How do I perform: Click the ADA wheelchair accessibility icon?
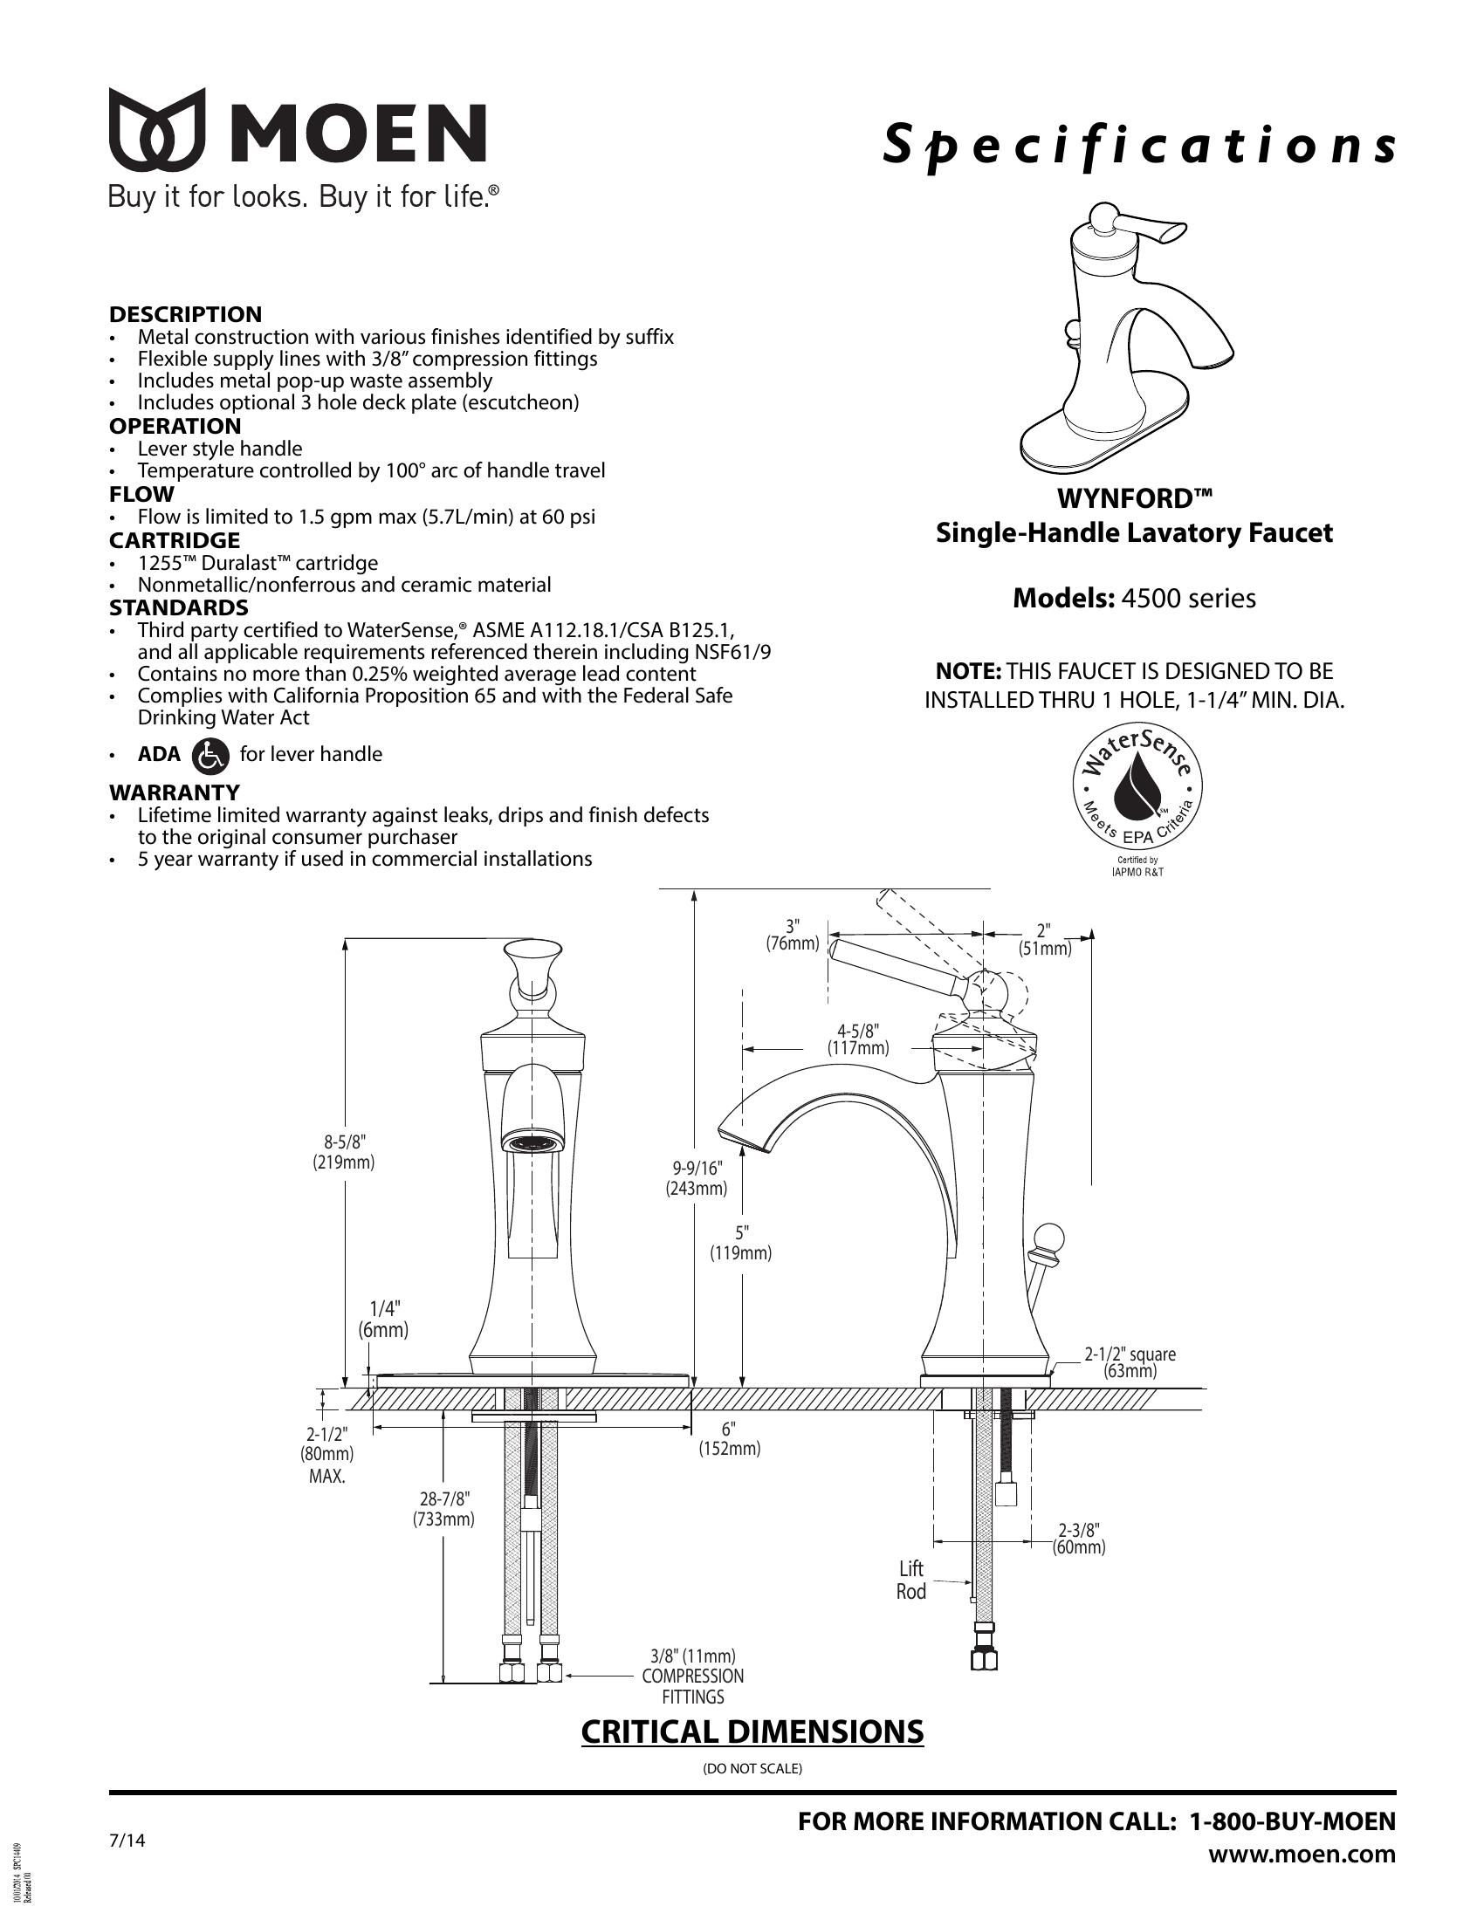pyautogui.click(x=210, y=754)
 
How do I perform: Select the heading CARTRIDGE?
pyautogui.click(x=174, y=539)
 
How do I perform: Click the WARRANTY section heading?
pyautogui.click(x=174, y=792)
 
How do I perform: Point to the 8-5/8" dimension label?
pyautogui.click(x=344, y=1151)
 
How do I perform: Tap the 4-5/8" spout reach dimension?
pyautogui.click(x=858, y=1039)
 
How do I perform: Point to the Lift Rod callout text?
pyautogui.click(x=911, y=1580)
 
